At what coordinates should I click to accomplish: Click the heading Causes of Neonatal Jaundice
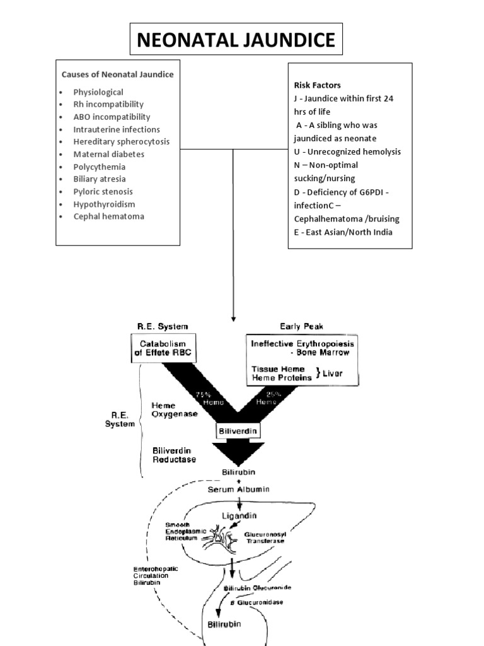(x=117, y=74)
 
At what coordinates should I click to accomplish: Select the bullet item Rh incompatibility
(x=108, y=104)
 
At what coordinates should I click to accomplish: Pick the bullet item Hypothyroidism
(x=104, y=204)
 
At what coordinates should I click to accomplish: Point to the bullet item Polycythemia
(x=99, y=167)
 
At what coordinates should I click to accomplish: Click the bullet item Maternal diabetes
(x=108, y=154)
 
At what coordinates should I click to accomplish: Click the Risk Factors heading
(x=318, y=85)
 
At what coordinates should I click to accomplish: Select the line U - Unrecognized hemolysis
(x=347, y=151)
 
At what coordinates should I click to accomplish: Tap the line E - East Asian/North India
(x=343, y=232)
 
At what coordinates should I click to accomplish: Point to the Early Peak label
(x=301, y=326)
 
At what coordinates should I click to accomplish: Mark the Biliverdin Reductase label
(x=174, y=455)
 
